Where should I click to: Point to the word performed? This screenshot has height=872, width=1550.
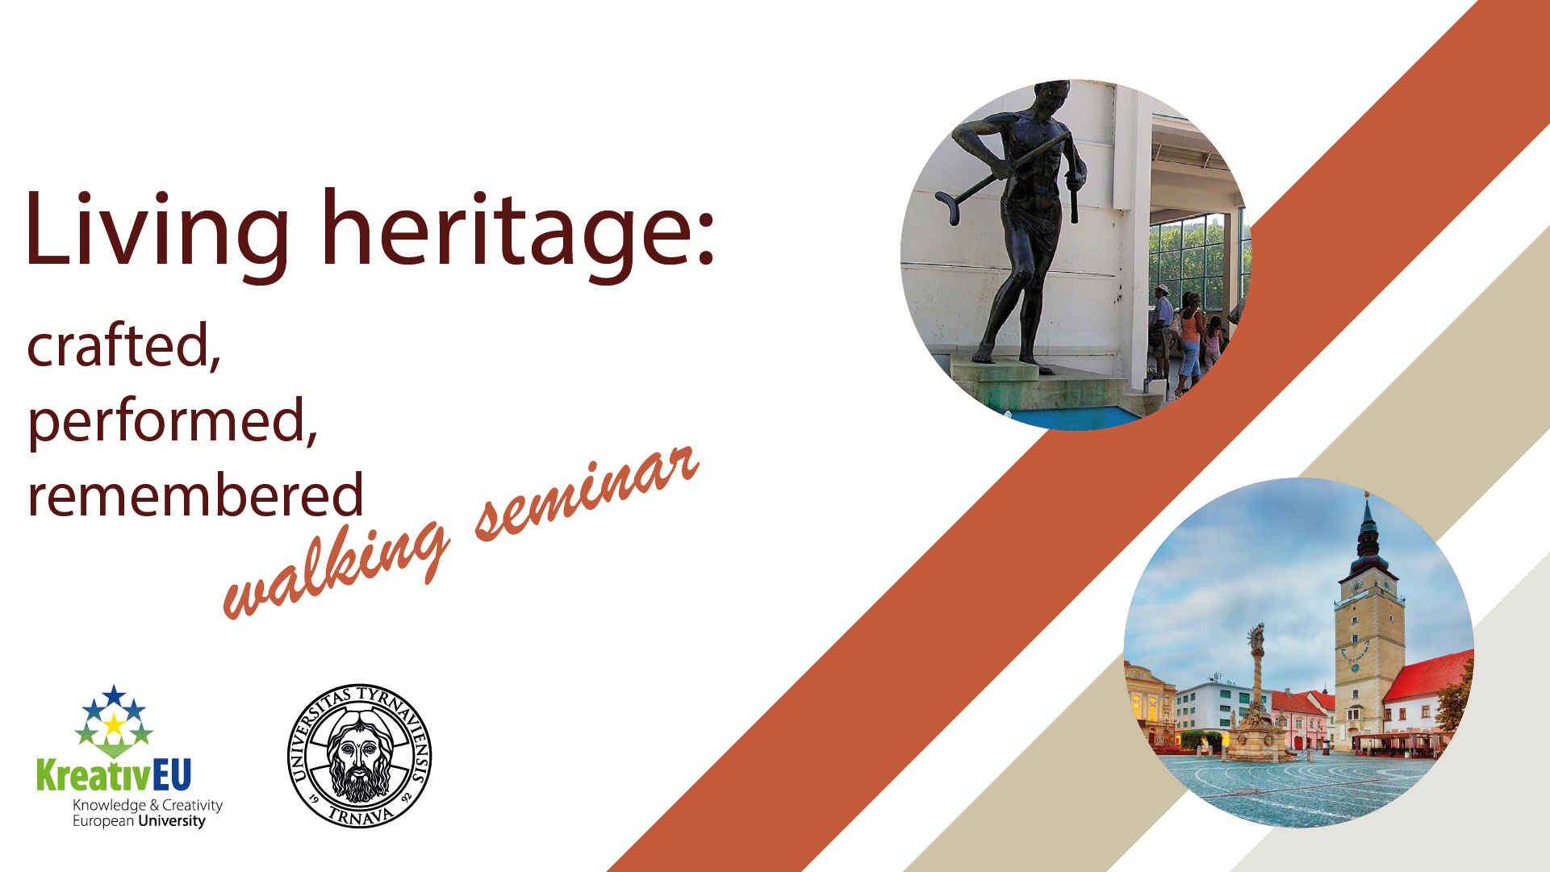(x=173, y=420)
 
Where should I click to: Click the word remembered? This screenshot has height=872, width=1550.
(x=196, y=494)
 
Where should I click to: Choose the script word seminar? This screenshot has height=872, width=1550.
(x=587, y=493)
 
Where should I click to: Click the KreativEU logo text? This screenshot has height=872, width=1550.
(x=114, y=775)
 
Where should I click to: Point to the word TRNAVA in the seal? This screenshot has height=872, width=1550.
(x=361, y=816)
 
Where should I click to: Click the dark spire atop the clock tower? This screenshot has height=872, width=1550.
(x=1368, y=532)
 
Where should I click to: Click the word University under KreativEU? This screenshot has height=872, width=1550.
(x=172, y=821)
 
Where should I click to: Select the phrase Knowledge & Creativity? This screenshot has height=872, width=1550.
(x=148, y=805)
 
